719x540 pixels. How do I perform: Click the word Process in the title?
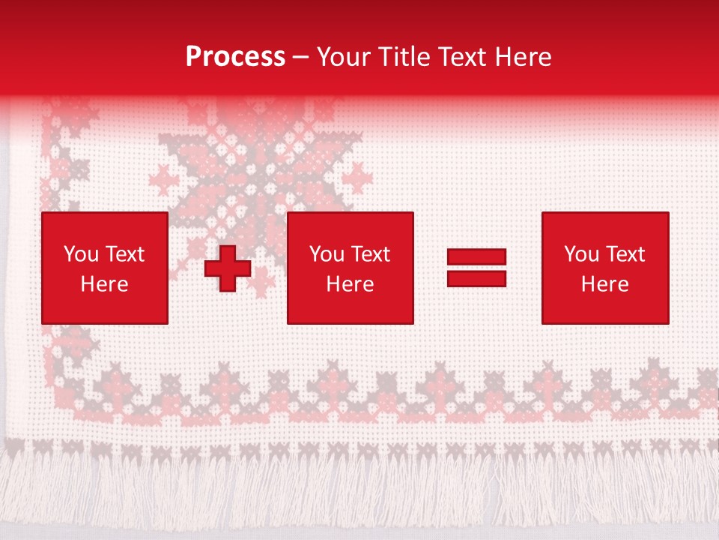pyautogui.click(x=235, y=57)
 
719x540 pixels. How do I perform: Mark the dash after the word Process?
pyautogui.click(x=301, y=58)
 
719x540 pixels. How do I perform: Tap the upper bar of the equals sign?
pyautogui.click(x=476, y=257)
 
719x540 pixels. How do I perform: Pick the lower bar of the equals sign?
pyautogui.click(x=476, y=279)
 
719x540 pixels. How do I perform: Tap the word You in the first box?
pyautogui.click(x=81, y=254)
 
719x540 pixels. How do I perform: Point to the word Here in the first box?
pyautogui.click(x=104, y=284)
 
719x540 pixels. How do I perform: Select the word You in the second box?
pyautogui.click(x=327, y=254)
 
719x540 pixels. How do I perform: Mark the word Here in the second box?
pyautogui.click(x=350, y=284)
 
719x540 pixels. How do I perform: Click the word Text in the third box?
pyautogui.click(x=624, y=254)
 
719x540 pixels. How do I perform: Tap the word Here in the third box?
pyautogui.click(x=604, y=284)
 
